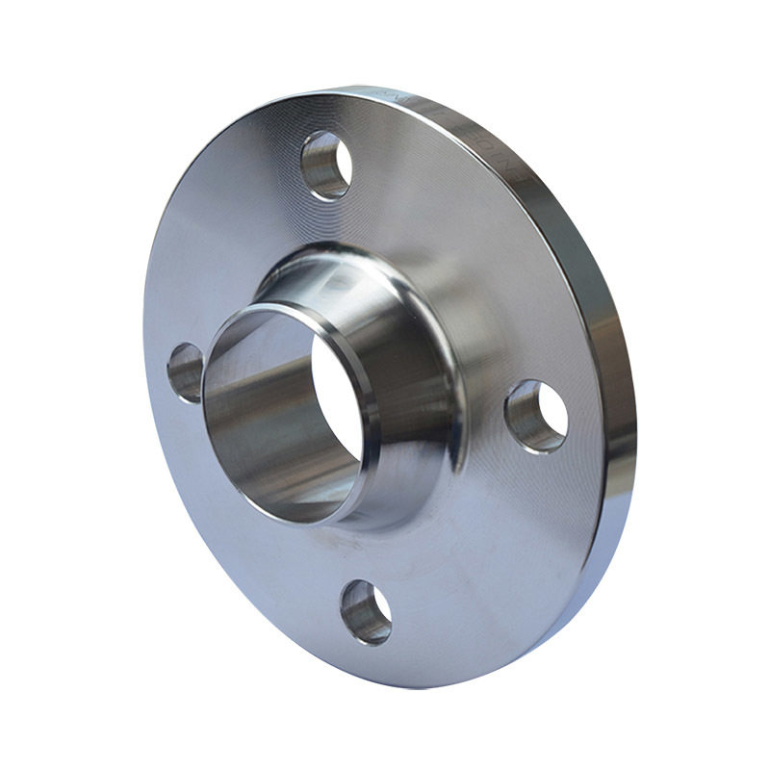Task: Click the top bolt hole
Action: [325, 165]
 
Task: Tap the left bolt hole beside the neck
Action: [186, 372]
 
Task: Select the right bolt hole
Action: [536, 416]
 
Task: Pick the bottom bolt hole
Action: [366, 612]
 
